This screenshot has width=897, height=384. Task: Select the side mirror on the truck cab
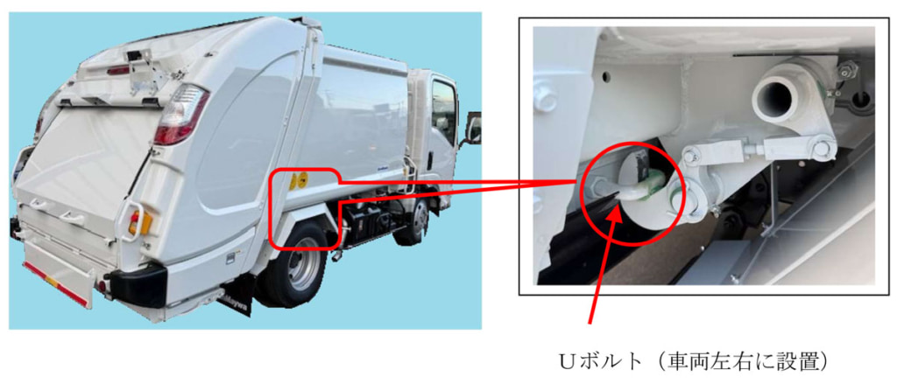[x=474, y=129]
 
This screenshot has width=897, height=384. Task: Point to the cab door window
[x=443, y=108]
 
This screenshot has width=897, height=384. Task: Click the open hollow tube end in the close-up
[x=773, y=93]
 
